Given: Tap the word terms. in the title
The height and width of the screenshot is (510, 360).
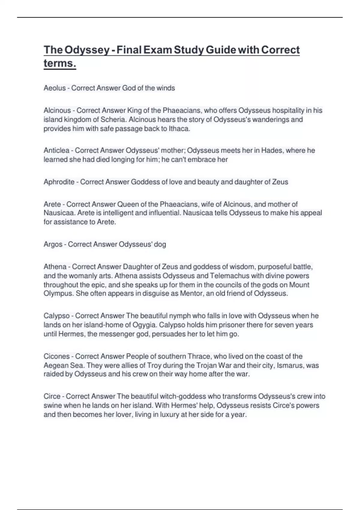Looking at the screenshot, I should coord(60,63).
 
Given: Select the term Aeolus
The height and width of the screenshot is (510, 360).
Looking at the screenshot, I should coord(55,88).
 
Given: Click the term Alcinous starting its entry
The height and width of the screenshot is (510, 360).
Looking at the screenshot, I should coord(57,110).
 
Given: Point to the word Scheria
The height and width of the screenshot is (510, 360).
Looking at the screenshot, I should coord(113,119).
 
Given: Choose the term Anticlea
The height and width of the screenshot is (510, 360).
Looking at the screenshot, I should coord(56,150).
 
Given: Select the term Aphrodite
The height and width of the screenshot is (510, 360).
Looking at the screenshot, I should coord(59,182).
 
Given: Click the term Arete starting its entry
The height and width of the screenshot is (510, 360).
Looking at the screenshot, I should coord(52,204).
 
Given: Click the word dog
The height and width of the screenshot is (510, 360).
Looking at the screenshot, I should coord(160,244).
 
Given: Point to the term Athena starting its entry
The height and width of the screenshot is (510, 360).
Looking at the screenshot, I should coord(55,267).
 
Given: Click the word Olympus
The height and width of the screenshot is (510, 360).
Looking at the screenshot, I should coord(58,293).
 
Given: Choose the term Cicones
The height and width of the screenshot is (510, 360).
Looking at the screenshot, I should coord(56,356).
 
